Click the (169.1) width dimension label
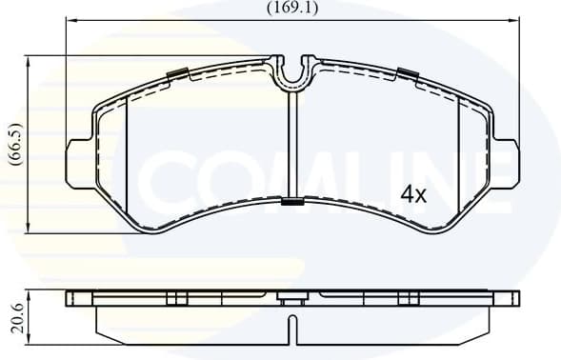291,10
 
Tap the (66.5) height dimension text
13,144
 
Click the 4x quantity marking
412,194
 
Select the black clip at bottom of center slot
292,201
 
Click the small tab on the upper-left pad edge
177,73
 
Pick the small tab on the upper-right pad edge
408,73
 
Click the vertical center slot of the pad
292,143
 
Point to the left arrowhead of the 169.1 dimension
69,21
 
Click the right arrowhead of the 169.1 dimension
515,21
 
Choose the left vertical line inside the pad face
127,143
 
